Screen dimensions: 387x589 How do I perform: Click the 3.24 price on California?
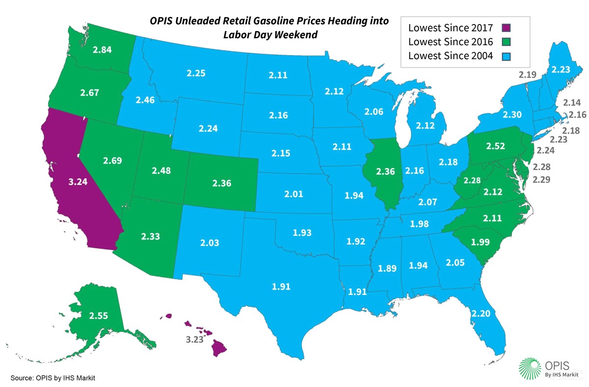pos(79,181)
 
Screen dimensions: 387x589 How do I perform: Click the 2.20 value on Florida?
pos(481,312)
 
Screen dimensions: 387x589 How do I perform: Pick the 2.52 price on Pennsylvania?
pos(496,146)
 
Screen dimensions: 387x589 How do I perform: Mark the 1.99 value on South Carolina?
pos(481,241)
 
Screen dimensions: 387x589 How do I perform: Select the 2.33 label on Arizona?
pos(151,237)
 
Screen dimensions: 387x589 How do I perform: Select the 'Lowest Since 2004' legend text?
pos(450,56)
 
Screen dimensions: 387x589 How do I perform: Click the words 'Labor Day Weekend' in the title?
pos(269,35)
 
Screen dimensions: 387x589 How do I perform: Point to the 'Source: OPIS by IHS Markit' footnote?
pos(53,378)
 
